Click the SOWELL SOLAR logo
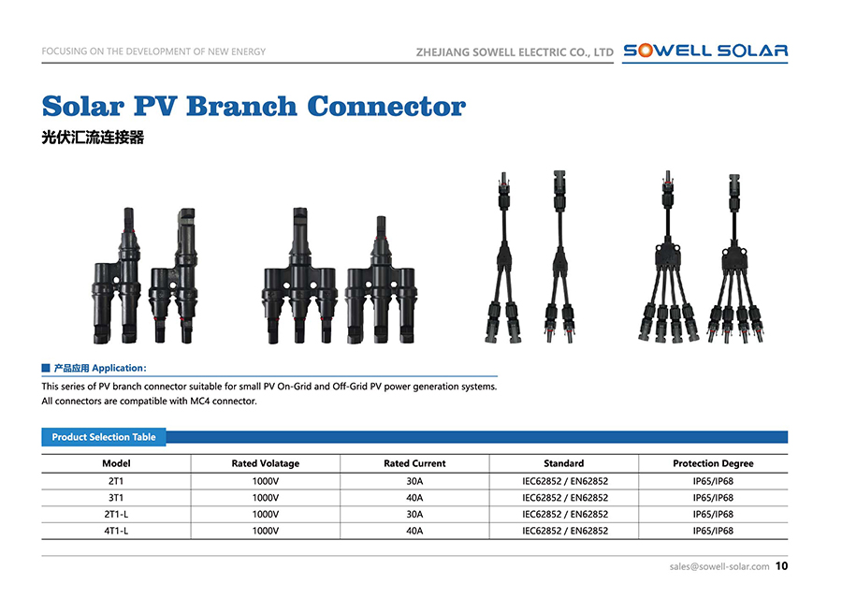[705, 51]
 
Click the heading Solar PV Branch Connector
[254, 106]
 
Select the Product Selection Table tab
[104, 437]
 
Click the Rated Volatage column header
[265, 463]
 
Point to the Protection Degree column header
[712, 463]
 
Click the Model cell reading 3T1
[116, 497]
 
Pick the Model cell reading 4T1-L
[116, 531]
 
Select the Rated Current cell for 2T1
[414, 480]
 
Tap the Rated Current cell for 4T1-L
[414, 531]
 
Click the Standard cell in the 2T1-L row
[564, 514]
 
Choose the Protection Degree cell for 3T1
[712, 497]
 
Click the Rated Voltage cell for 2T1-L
[265, 514]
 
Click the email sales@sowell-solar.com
[719, 566]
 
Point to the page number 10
[782, 566]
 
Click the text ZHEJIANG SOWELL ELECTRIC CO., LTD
[514, 52]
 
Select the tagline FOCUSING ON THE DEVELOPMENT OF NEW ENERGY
[153, 51]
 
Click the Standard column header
[564, 463]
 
